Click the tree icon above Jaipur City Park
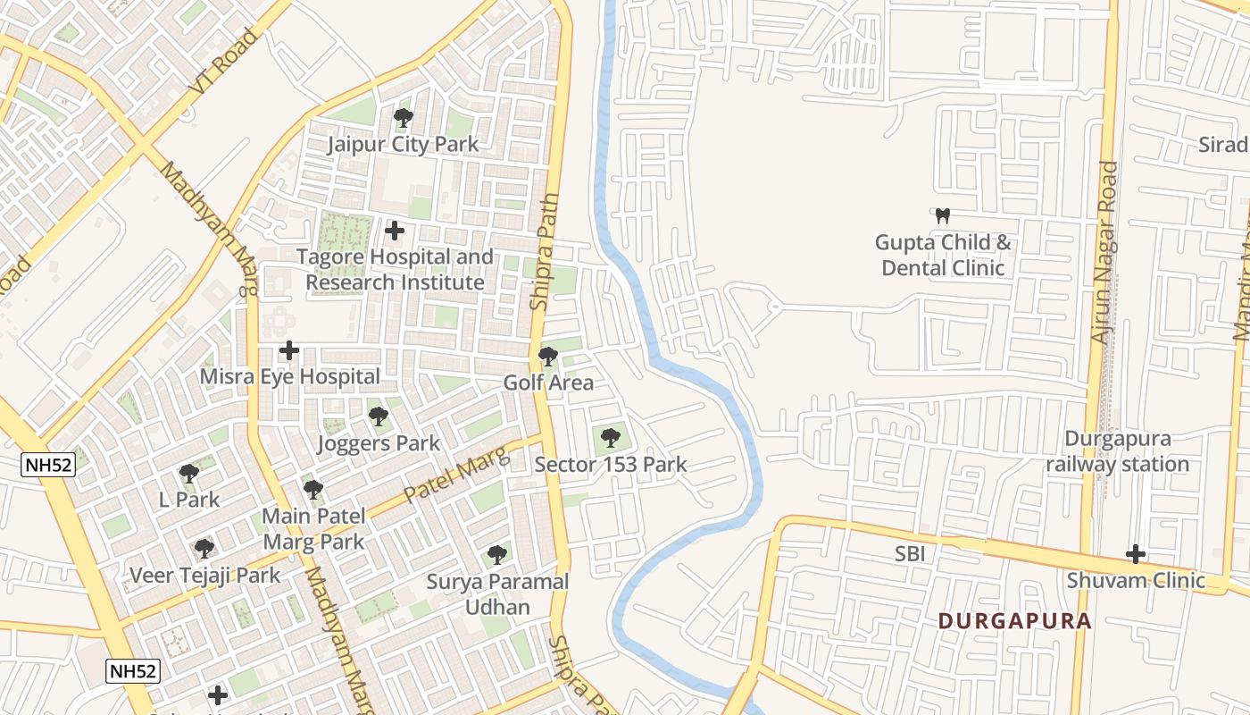coord(404,117)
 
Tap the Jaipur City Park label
coord(403,144)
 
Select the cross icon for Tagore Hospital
coord(394,231)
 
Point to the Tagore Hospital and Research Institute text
coord(395,269)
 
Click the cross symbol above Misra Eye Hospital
coord(288,350)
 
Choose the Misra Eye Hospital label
coord(289,376)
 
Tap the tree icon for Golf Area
coord(548,357)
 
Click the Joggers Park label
coord(379,442)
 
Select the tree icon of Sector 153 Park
coord(611,437)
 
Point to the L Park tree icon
coord(188,473)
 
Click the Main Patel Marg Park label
coord(312,528)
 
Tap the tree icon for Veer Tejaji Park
coord(204,548)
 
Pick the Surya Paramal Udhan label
coord(497,594)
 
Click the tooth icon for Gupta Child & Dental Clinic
coord(942,215)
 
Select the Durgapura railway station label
coord(1117,451)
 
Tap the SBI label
coord(910,554)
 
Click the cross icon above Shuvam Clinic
coord(1136,554)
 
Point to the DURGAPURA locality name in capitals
coord(1015,621)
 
